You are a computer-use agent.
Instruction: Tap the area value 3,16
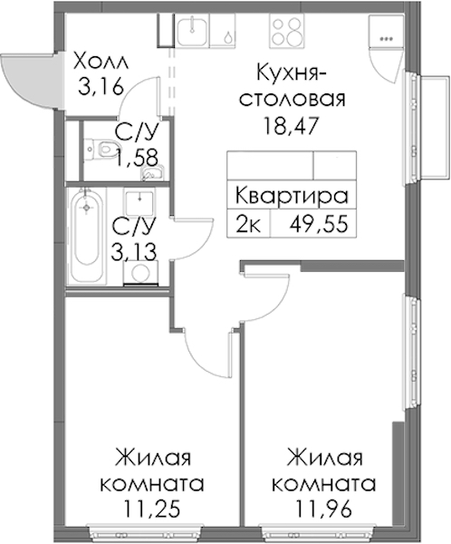101,86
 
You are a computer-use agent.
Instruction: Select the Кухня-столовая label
293,86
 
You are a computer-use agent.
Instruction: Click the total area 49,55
319,224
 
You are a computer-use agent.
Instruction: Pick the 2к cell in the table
248,224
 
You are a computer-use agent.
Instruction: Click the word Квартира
292,196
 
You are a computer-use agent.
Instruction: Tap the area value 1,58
138,158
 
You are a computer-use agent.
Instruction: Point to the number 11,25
152,509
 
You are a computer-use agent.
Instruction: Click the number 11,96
323,509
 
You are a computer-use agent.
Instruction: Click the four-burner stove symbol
286,31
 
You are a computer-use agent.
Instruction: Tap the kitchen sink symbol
193,31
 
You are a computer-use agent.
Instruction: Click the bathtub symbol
87,236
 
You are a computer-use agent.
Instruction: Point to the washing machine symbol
141,273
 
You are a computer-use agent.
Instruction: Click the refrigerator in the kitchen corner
386,32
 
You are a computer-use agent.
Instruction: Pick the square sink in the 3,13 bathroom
139,202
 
